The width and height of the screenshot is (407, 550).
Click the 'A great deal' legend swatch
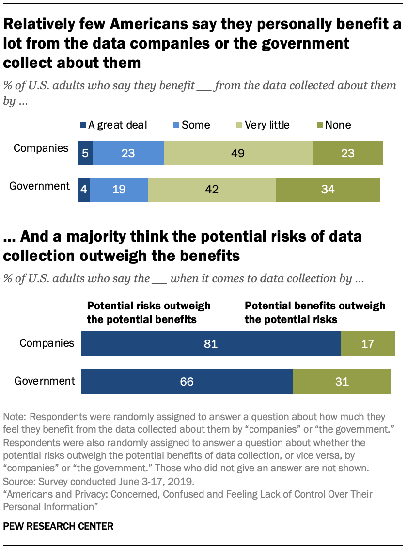pos(83,125)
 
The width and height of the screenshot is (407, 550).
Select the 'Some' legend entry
pos(195,125)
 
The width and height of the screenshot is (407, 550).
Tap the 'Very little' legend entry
pos(267,125)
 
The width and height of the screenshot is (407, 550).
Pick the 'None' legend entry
pos(338,125)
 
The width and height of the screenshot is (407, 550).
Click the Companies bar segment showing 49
pos(238,154)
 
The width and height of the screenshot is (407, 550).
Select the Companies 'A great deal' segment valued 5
pos(85,154)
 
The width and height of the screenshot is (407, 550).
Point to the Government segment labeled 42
pos(212,189)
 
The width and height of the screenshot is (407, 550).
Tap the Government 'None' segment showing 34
pos(328,189)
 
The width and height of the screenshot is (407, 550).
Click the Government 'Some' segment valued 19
pos(119,189)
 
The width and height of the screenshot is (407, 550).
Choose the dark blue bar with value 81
pos(211,344)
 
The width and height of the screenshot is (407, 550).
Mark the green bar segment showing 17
pos(368,344)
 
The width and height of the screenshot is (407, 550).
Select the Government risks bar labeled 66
pos(187,381)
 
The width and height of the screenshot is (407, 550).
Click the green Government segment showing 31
pos(342,381)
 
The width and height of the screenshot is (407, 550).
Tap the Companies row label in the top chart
pos(41,148)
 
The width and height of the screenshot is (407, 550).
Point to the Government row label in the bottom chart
pos(45,381)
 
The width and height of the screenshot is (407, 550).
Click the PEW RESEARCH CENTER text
pos(58,526)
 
